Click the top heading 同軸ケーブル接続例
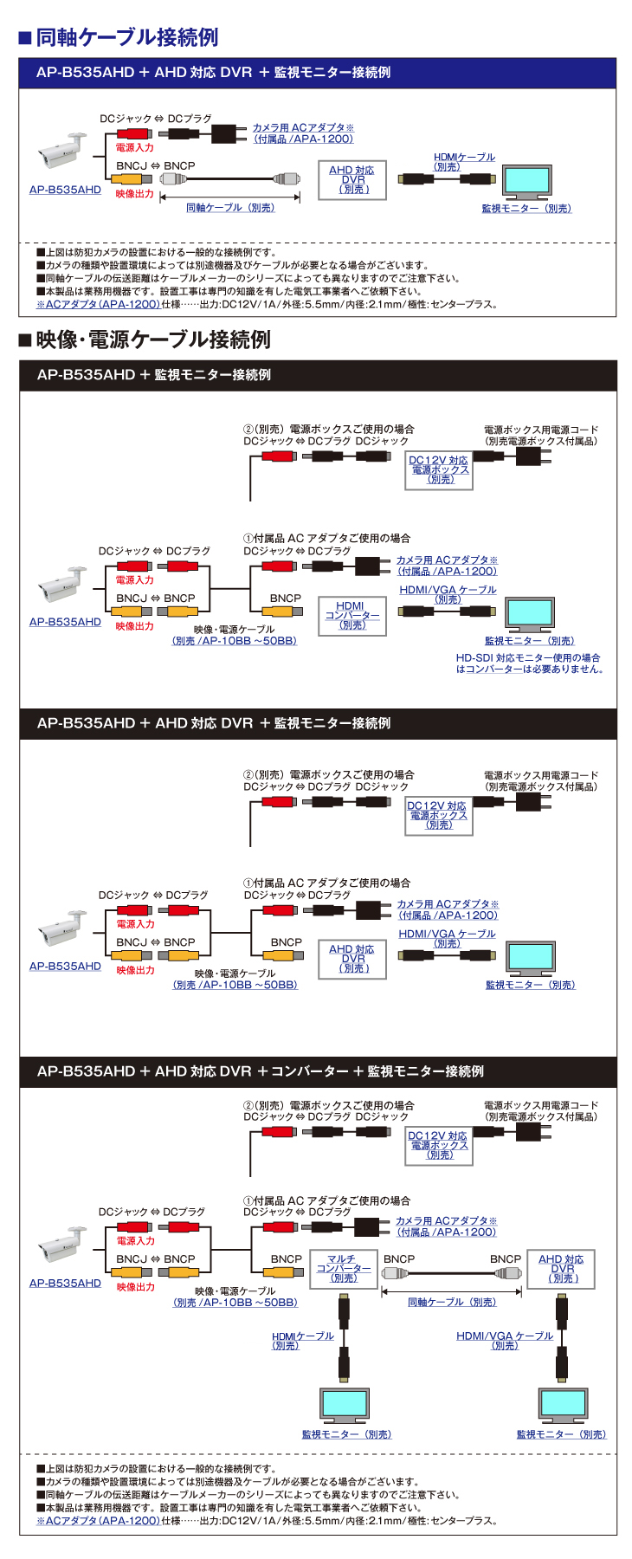[x=126, y=37]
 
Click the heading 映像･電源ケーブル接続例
[x=152, y=340]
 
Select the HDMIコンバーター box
[x=351, y=615]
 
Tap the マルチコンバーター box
[x=344, y=1269]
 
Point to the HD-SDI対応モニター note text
[x=529, y=663]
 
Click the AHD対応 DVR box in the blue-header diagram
[x=351, y=180]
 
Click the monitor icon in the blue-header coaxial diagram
[x=526, y=183]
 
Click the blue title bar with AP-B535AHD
[x=317, y=73]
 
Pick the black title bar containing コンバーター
[x=317, y=1071]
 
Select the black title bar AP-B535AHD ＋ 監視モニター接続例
[x=317, y=375]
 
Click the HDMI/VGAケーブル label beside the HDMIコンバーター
[x=448, y=593]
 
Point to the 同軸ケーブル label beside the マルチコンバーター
[x=452, y=1303]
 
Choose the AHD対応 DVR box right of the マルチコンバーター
[x=561, y=1269]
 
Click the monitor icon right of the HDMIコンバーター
[x=530, y=614]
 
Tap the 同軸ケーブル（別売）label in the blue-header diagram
[x=230, y=208]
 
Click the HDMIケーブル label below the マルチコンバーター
[x=302, y=1341]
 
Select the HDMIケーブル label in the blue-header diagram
[x=464, y=161]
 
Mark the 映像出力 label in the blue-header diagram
[x=135, y=194]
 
